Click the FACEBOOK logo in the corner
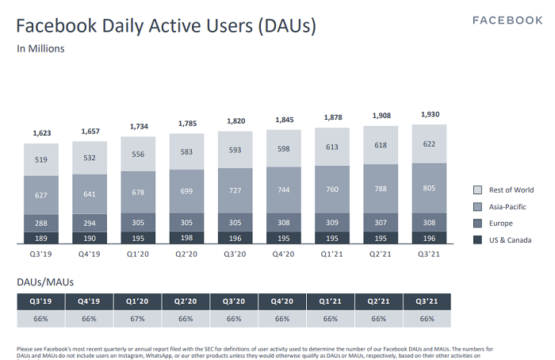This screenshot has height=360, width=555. pyautogui.click(x=507, y=20)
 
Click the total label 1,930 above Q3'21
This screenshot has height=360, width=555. pyautogui.click(x=429, y=114)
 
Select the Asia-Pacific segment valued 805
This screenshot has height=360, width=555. pyautogui.click(x=429, y=189)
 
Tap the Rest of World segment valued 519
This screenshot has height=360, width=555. pyautogui.click(x=41, y=159)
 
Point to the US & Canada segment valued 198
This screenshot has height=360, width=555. pyautogui.click(x=187, y=238)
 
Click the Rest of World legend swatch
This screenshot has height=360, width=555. pyautogui.click(x=477, y=190)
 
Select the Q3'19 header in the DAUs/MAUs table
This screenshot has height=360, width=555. pyautogui.click(x=40, y=301)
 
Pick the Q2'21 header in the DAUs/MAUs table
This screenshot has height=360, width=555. pyautogui.click(x=378, y=301)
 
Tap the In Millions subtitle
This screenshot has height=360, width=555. pyautogui.click(x=40, y=48)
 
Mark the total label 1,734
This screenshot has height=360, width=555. pyautogui.click(x=138, y=127)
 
